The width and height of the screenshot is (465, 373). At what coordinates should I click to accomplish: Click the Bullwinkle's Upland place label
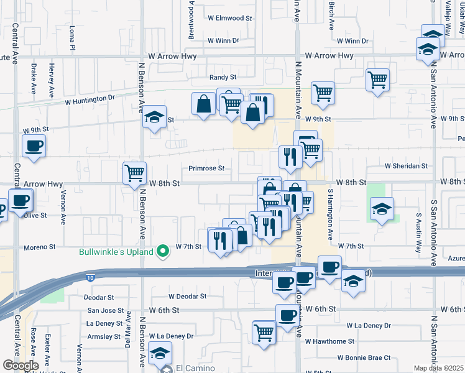117,252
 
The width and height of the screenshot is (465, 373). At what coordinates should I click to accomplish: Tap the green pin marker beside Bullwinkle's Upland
163,251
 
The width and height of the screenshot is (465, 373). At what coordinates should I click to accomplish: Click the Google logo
21,366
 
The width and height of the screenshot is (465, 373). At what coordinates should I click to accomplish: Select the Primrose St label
206,168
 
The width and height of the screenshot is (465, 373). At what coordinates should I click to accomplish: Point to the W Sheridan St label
407,166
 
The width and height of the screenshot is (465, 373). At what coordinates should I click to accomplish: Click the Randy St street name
223,78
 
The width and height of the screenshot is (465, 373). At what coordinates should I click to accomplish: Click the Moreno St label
40,247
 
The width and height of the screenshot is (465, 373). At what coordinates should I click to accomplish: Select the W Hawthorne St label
329,341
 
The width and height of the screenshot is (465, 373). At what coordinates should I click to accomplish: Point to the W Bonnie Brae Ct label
364,357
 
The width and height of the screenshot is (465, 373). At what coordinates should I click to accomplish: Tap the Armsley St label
103,336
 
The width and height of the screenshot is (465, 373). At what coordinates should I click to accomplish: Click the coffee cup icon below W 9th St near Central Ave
34,146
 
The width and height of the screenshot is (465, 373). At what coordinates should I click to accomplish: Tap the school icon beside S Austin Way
381,208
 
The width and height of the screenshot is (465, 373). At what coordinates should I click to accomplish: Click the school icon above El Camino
160,353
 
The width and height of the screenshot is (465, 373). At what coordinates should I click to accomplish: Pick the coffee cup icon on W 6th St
287,316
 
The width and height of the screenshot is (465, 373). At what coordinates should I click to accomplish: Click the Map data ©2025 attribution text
438,368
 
